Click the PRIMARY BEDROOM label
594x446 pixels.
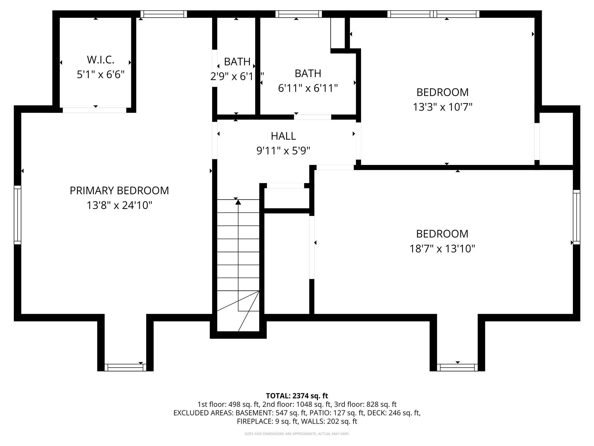tap(119, 191)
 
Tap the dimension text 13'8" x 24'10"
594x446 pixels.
tap(119, 205)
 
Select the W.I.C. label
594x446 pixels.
tap(100, 60)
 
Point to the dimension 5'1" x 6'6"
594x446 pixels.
tap(100, 75)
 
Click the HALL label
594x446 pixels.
tap(283, 136)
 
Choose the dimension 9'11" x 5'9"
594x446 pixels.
tap(283, 151)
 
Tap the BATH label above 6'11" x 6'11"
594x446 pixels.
tap(308, 73)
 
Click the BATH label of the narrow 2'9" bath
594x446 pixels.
tap(237, 62)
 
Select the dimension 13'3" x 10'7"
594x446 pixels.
tap(442, 107)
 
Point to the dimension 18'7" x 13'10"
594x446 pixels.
tap(442, 249)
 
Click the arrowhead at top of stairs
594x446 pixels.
tap(238, 202)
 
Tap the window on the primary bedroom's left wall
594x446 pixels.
tap(18, 215)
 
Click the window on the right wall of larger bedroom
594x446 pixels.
tap(576, 217)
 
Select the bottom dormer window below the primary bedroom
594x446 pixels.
tap(125, 368)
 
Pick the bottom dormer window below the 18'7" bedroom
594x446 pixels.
tap(457, 368)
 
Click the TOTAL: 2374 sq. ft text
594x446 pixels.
tap(297, 396)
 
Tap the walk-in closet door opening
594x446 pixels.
tap(94, 110)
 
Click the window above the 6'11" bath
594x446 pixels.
tap(298, 14)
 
